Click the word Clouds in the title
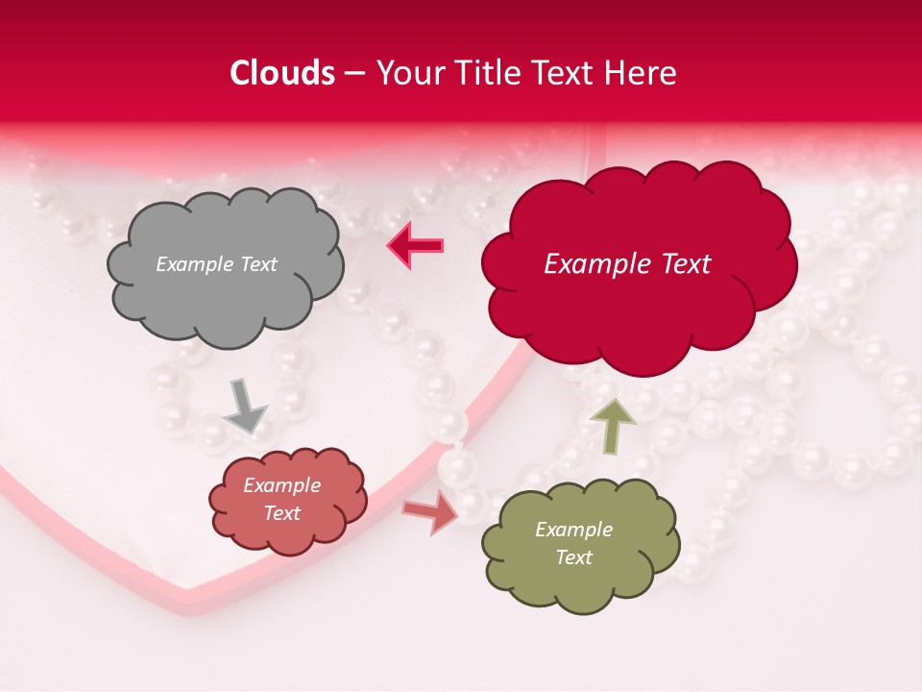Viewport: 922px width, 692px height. pyautogui.click(x=282, y=73)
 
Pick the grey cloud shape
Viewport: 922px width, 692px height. pyautogui.click(x=225, y=298)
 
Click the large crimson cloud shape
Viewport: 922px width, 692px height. pyautogui.click(x=639, y=308)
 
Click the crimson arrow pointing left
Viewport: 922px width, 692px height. pyautogui.click(x=416, y=246)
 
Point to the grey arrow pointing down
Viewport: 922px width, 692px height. pyautogui.click(x=246, y=408)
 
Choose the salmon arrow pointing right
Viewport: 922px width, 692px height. pyautogui.click(x=431, y=512)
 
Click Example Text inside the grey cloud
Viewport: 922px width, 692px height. pyautogui.click(x=216, y=264)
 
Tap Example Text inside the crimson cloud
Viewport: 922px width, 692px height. pyautogui.click(x=627, y=264)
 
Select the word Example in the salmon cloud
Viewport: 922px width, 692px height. pyautogui.click(x=281, y=485)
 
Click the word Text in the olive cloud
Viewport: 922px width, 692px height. pyautogui.click(x=573, y=557)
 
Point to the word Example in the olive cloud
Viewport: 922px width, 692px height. pyautogui.click(x=573, y=530)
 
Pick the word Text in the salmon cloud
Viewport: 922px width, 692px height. pyautogui.click(x=281, y=513)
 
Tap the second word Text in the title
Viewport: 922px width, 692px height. pyautogui.click(x=563, y=73)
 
